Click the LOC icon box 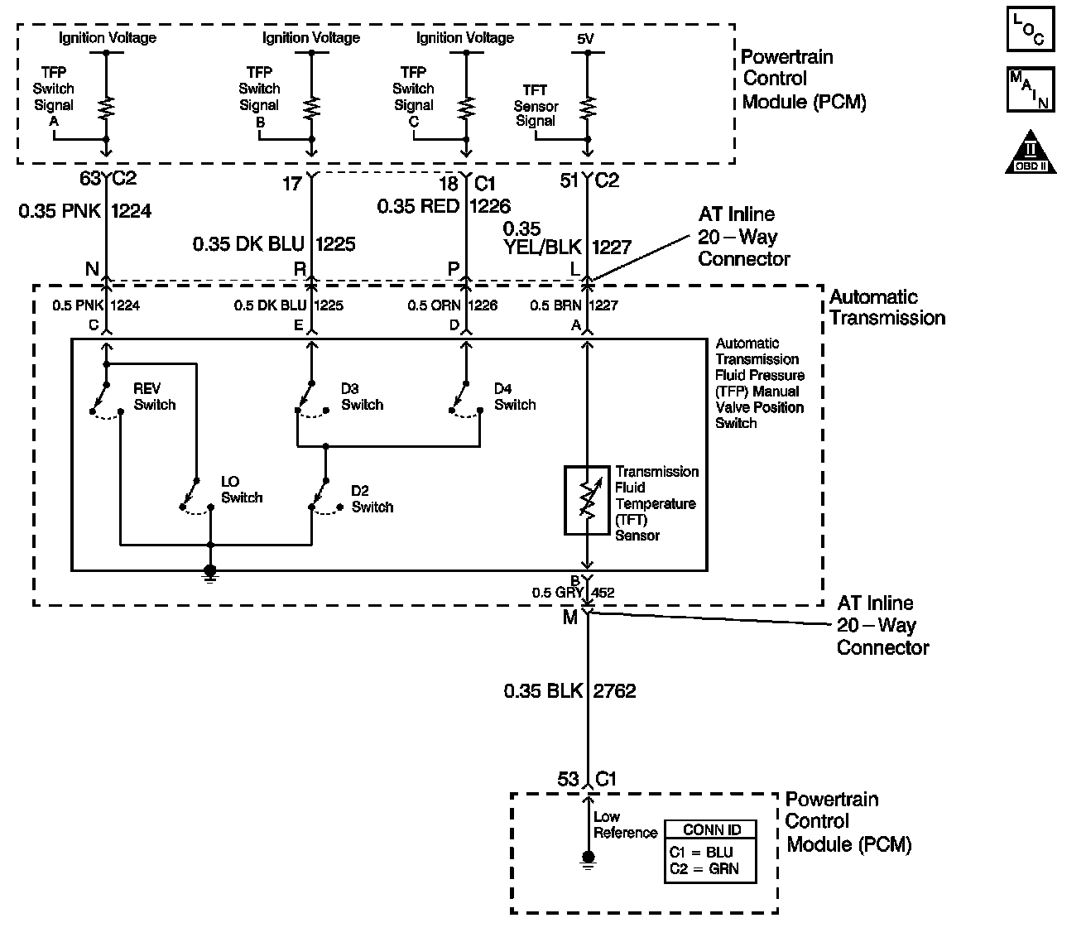pyautogui.click(x=1031, y=29)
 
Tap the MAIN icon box pyautogui.click(x=1031, y=89)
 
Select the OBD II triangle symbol pyautogui.click(x=1031, y=152)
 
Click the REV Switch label pyautogui.click(x=155, y=397)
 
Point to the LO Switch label pyautogui.click(x=242, y=489)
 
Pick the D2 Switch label pyautogui.click(x=372, y=498)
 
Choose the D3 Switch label pyautogui.click(x=362, y=397)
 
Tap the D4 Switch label pyautogui.click(x=515, y=397)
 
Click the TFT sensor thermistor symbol pyautogui.click(x=587, y=500)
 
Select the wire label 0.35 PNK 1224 pyautogui.click(x=85, y=211)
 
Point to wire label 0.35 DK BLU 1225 pyautogui.click(x=274, y=244)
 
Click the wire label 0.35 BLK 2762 pyautogui.click(x=569, y=691)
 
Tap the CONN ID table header pyautogui.click(x=711, y=829)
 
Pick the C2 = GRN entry pyautogui.click(x=704, y=868)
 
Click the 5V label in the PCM pyautogui.click(x=585, y=39)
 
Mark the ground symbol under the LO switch pyautogui.click(x=210, y=574)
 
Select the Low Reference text pyautogui.click(x=625, y=824)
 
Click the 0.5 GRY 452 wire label pyautogui.click(x=574, y=592)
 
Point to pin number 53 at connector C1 pyautogui.click(x=567, y=779)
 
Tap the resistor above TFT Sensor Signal pyautogui.click(x=588, y=108)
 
